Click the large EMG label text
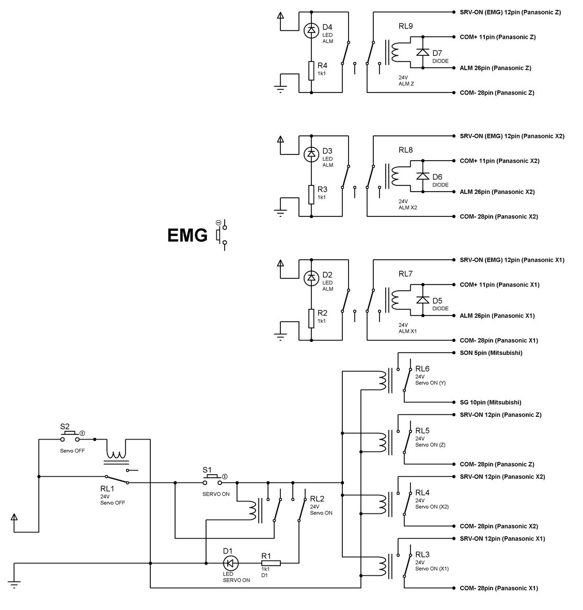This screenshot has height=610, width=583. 187,236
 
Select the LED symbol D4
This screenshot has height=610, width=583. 311,30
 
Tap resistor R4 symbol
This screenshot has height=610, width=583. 311,70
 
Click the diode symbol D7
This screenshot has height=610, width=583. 423,52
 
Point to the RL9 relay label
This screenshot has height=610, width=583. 405,26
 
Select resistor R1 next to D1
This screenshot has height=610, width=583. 271,563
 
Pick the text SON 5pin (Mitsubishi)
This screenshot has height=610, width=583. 491,353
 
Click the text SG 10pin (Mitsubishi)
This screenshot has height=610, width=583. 490,402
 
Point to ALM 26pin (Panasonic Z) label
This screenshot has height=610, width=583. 495,68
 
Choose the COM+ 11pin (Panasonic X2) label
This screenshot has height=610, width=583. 499,161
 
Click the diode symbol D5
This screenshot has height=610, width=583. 423,300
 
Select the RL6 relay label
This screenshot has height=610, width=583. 422,369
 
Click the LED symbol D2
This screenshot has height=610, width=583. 311,278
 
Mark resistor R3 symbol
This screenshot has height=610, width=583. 311,194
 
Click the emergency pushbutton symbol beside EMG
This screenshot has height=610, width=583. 221,235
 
